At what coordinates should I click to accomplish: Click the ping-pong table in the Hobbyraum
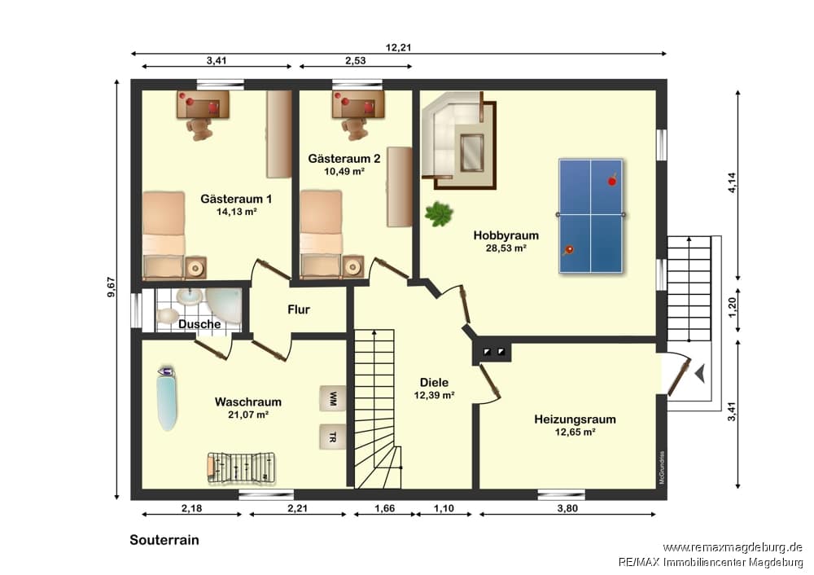pyautogui.click(x=591, y=216)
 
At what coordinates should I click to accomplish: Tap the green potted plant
pyautogui.click(x=439, y=213)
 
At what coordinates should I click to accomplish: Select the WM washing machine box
pyautogui.click(x=332, y=398)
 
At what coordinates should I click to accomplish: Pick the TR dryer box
pyautogui.click(x=332, y=437)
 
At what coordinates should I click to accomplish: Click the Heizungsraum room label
pyautogui.click(x=575, y=419)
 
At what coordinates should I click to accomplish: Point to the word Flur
pyautogui.click(x=299, y=309)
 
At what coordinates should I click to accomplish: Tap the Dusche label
pyautogui.click(x=199, y=324)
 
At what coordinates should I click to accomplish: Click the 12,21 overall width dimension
pyautogui.click(x=398, y=47)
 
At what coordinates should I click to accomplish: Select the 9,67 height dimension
pyautogui.click(x=111, y=287)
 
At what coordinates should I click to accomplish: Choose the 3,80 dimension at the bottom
pyautogui.click(x=567, y=508)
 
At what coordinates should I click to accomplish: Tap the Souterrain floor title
pyautogui.click(x=164, y=540)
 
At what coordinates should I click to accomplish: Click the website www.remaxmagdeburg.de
pyautogui.click(x=733, y=547)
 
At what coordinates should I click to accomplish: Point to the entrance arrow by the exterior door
pyautogui.click(x=700, y=374)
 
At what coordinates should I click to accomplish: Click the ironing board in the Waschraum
pyautogui.click(x=167, y=398)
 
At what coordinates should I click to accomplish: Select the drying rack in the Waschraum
pyautogui.click(x=242, y=468)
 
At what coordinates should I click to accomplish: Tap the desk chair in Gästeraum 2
pyautogui.click(x=355, y=129)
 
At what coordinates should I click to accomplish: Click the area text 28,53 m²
pyautogui.click(x=506, y=248)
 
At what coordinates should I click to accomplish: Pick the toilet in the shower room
pyautogui.click(x=167, y=316)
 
